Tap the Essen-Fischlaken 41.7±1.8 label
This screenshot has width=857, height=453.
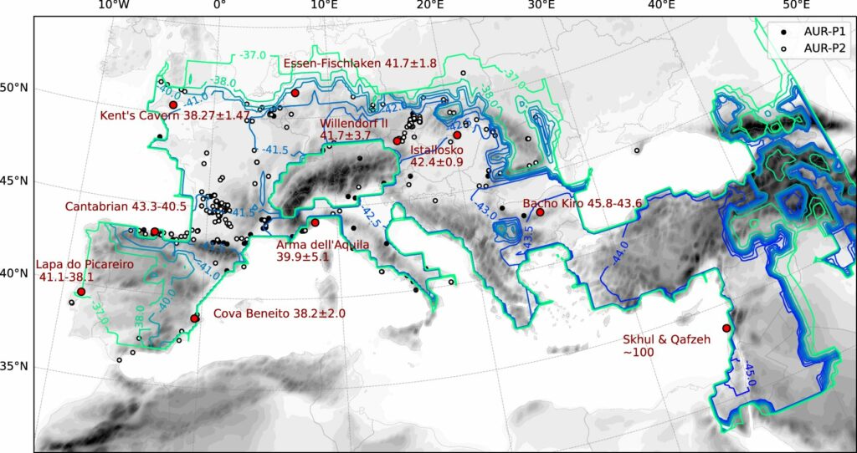[360, 64]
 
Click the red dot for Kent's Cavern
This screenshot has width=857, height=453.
[173, 104]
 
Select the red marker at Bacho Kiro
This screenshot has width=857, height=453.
[540, 211]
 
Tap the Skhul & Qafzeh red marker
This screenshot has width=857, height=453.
[726, 328]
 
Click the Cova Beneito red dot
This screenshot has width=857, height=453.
[194, 318]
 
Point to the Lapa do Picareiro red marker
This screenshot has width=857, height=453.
[81, 291]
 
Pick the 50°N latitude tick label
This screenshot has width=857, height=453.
[17, 88]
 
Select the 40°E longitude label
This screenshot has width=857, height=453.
[661, 6]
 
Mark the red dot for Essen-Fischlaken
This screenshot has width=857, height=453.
[295, 94]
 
